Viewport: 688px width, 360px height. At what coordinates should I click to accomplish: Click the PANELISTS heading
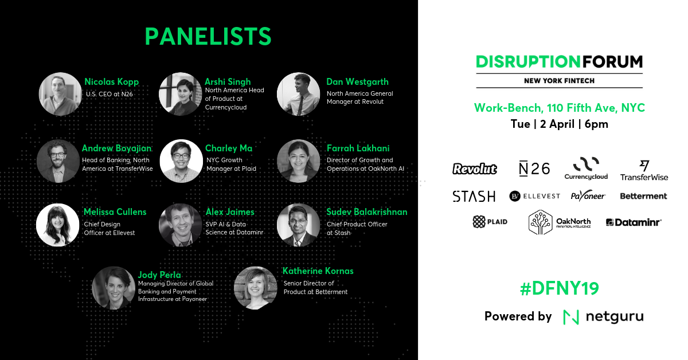208,36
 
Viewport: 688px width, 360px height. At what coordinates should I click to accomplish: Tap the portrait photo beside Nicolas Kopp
60,94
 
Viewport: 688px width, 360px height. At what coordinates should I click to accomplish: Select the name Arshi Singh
228,82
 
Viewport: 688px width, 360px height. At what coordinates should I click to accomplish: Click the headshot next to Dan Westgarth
298,94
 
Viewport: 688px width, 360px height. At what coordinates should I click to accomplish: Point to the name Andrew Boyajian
117,148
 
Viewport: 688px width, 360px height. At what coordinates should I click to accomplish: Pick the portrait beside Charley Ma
181,161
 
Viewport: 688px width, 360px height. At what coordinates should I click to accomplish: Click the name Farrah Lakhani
358,148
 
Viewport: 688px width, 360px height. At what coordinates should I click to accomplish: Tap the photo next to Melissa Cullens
58,225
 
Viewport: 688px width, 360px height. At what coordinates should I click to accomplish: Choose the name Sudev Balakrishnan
367,212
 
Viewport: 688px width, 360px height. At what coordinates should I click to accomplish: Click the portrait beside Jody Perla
114,288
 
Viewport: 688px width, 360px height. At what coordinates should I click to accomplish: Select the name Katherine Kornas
318,271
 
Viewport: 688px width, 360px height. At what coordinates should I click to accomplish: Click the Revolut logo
475,169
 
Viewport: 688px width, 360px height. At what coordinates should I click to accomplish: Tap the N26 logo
534,169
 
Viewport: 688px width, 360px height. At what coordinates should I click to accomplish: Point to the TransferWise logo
644,170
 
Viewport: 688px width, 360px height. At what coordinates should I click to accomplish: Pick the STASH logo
474,196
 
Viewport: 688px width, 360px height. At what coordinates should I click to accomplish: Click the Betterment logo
643,196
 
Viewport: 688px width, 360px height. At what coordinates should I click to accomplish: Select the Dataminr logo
634,222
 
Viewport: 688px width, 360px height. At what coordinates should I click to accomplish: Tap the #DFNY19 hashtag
560,288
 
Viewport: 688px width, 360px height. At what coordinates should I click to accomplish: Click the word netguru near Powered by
615,316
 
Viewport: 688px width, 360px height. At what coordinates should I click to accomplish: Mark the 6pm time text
596,124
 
